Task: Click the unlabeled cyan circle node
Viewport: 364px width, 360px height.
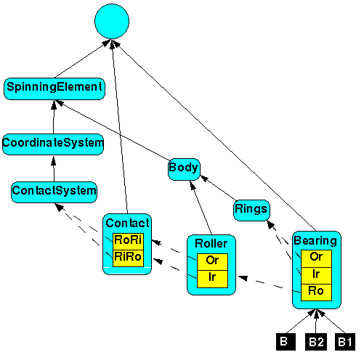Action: coord(112,21)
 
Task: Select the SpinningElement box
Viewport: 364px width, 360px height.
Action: coord(54,89)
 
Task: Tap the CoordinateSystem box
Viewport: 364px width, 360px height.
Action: coord(53,144)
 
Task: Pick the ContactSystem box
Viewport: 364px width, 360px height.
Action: coord(54,192)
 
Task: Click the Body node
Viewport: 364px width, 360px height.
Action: coord(184,169)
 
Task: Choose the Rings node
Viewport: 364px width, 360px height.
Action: coord(251,210)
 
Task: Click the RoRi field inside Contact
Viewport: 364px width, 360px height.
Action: coord(128,242)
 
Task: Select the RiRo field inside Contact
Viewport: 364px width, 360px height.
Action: coord(128,258)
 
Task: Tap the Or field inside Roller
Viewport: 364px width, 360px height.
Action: coord(212,262)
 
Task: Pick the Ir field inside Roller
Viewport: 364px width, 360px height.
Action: coord(212,279)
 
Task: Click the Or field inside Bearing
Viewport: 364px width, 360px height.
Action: coord(316,258)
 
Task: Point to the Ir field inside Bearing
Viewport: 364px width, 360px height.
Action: coord(316,276)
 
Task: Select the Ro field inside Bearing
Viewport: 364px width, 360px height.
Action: coord(316,292)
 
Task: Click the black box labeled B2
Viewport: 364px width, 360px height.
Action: coord(316,342)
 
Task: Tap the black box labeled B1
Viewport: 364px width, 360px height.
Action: coord(345,342)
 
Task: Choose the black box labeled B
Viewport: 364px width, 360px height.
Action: coord(286,342)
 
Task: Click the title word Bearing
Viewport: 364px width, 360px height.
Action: coord(315,241)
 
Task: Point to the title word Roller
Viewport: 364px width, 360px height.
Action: coord(211,244)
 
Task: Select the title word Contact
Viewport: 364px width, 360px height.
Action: coord(127,223)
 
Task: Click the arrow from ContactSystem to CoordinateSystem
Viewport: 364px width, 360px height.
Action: coord(54,169)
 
